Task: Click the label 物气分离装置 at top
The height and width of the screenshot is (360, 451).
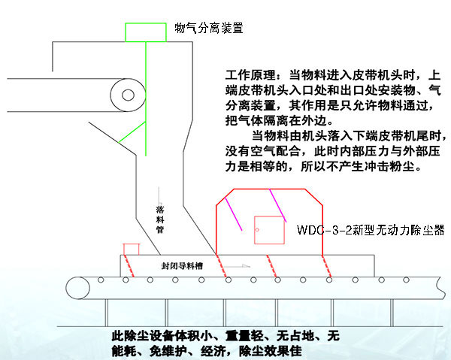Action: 208,29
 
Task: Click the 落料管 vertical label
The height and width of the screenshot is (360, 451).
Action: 159,218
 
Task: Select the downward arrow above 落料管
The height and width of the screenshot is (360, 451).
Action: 159,194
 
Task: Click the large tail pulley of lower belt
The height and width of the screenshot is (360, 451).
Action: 76,286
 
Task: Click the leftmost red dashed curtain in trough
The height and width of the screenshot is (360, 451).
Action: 129,265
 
